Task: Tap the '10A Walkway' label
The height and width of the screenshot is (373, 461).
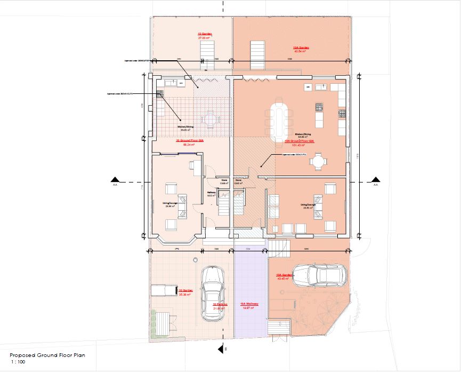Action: click(x=249, y=304)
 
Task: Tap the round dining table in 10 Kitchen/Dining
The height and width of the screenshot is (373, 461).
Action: click(x=208, y=119)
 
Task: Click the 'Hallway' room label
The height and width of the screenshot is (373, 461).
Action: click(x=211, y=193)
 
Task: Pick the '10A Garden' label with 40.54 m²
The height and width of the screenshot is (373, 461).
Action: click(x=301, y=48)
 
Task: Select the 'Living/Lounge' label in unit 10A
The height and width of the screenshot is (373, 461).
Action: click(x=310, y=204)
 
